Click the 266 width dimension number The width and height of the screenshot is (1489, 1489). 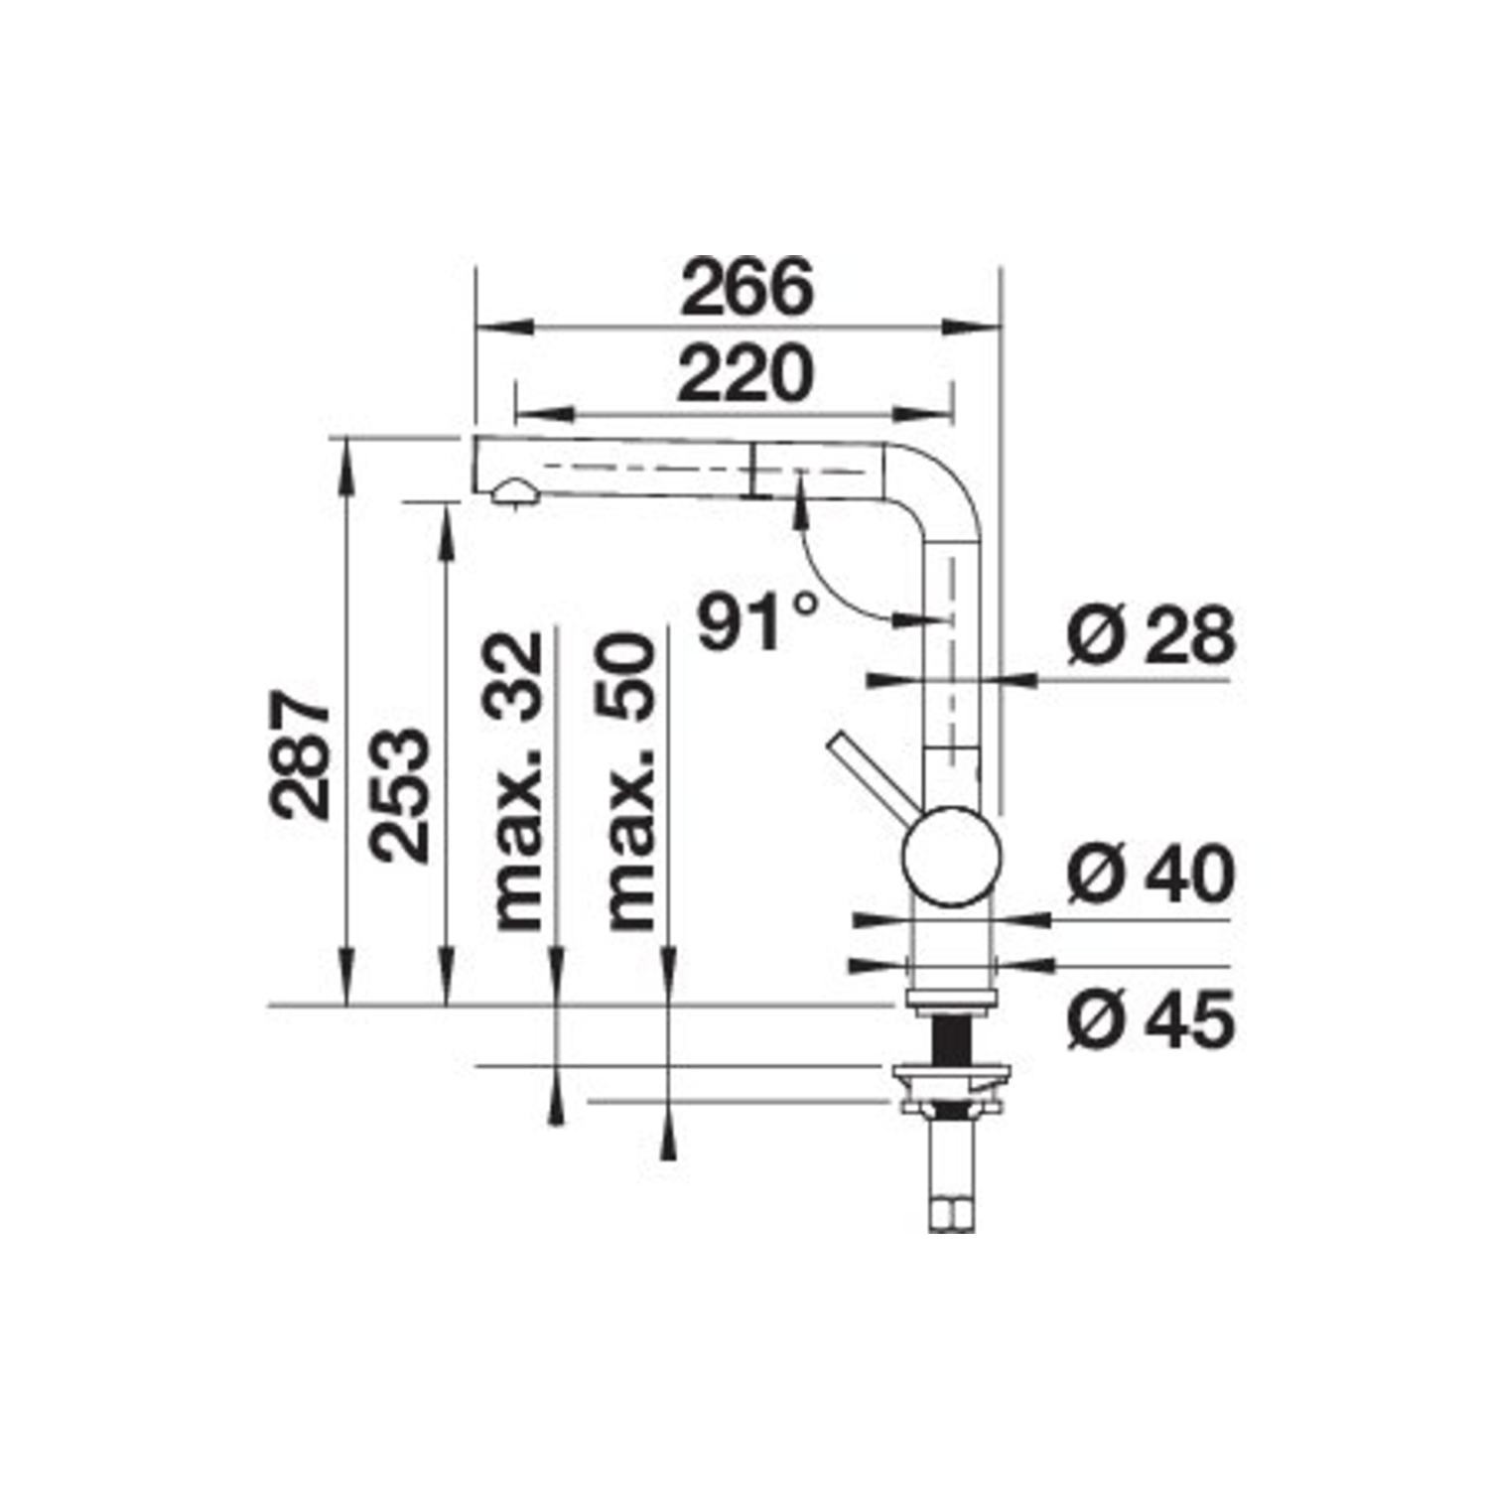point(746,287)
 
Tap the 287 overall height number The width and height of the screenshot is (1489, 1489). point(300,755)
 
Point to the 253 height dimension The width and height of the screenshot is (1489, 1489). point(399,795)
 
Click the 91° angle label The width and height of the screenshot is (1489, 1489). point(759,621)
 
